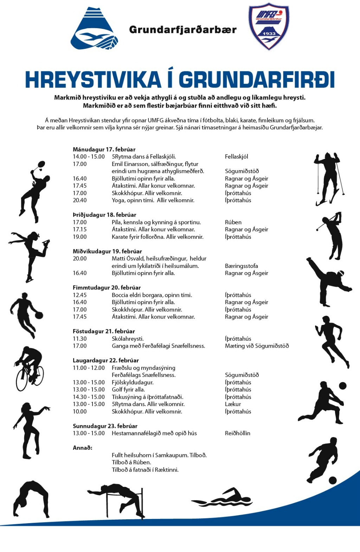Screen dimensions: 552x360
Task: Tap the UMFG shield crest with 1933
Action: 269,27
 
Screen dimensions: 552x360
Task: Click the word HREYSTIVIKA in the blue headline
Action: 93,80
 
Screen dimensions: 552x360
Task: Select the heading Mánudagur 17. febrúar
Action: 104,149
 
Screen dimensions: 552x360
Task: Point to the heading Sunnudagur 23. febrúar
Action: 105,426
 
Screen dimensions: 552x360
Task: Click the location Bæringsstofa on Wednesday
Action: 242,266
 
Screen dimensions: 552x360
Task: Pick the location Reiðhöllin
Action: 238,433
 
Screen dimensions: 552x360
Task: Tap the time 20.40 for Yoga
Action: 80,200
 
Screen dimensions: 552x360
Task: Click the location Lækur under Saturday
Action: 233,404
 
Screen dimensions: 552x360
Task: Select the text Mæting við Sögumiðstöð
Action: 257,346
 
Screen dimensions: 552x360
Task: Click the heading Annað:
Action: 83,448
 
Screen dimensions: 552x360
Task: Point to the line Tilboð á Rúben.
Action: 131,462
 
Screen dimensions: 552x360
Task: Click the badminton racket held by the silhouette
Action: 41,165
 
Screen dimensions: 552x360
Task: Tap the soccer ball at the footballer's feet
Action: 333,480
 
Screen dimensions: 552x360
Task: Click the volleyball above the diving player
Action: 342,386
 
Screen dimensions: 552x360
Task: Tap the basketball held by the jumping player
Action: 39,315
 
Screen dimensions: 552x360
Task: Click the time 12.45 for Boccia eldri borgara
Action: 80,295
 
